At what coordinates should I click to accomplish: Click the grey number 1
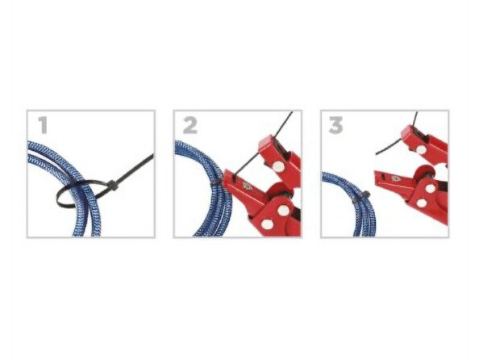[43, 125]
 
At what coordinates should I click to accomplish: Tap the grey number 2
[190, 126]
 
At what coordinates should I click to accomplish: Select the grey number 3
[335, 126]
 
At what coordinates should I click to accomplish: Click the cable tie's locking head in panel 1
[112, 186]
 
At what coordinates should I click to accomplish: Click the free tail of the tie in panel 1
[135, 170]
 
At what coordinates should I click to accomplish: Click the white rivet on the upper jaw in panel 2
[278, 166]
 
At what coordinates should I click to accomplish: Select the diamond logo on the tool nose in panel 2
[246, 186]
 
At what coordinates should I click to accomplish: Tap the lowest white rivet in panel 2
[267, 224]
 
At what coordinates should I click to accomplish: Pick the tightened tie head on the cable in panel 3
[365, 195]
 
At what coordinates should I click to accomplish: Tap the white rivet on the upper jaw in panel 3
[421, 149]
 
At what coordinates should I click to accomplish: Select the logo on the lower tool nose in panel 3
[396, 178]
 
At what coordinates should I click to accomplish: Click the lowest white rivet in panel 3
[422, 203]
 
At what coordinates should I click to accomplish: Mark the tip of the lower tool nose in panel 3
[375, 174]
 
